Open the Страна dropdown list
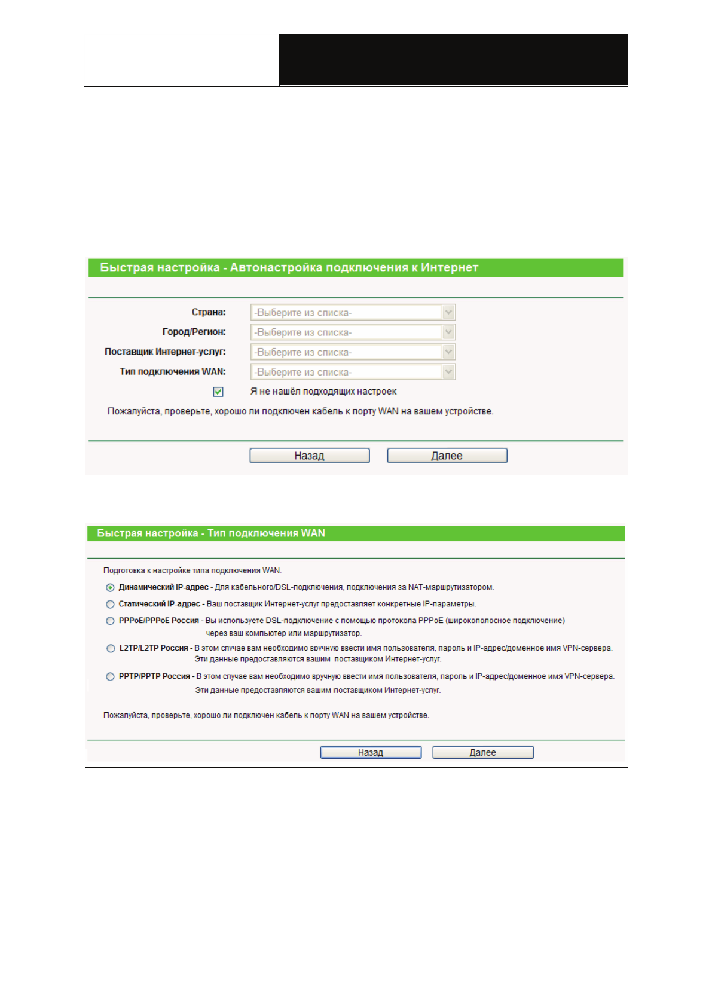tap(353, 312)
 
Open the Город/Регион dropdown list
tap(353, 332)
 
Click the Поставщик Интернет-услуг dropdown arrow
tap(448, 352)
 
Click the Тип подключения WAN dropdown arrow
tap(448, 372)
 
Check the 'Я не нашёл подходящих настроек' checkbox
tap(218, 392)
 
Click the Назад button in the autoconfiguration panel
tap(309, 456)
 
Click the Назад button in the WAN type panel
tap(371, 752)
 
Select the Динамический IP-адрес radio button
tap(110, 588)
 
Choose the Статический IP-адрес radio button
tap(110, 605)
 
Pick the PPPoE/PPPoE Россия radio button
tap(110, 621)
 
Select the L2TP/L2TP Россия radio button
tap(111, 648)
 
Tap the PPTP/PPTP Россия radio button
tap(110, 677)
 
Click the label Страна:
tap(209, 312)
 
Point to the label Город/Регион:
tap(194, 332)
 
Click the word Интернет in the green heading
tap(450, 268)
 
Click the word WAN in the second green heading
tap(313, 533)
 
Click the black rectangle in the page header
tap(454, 60)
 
